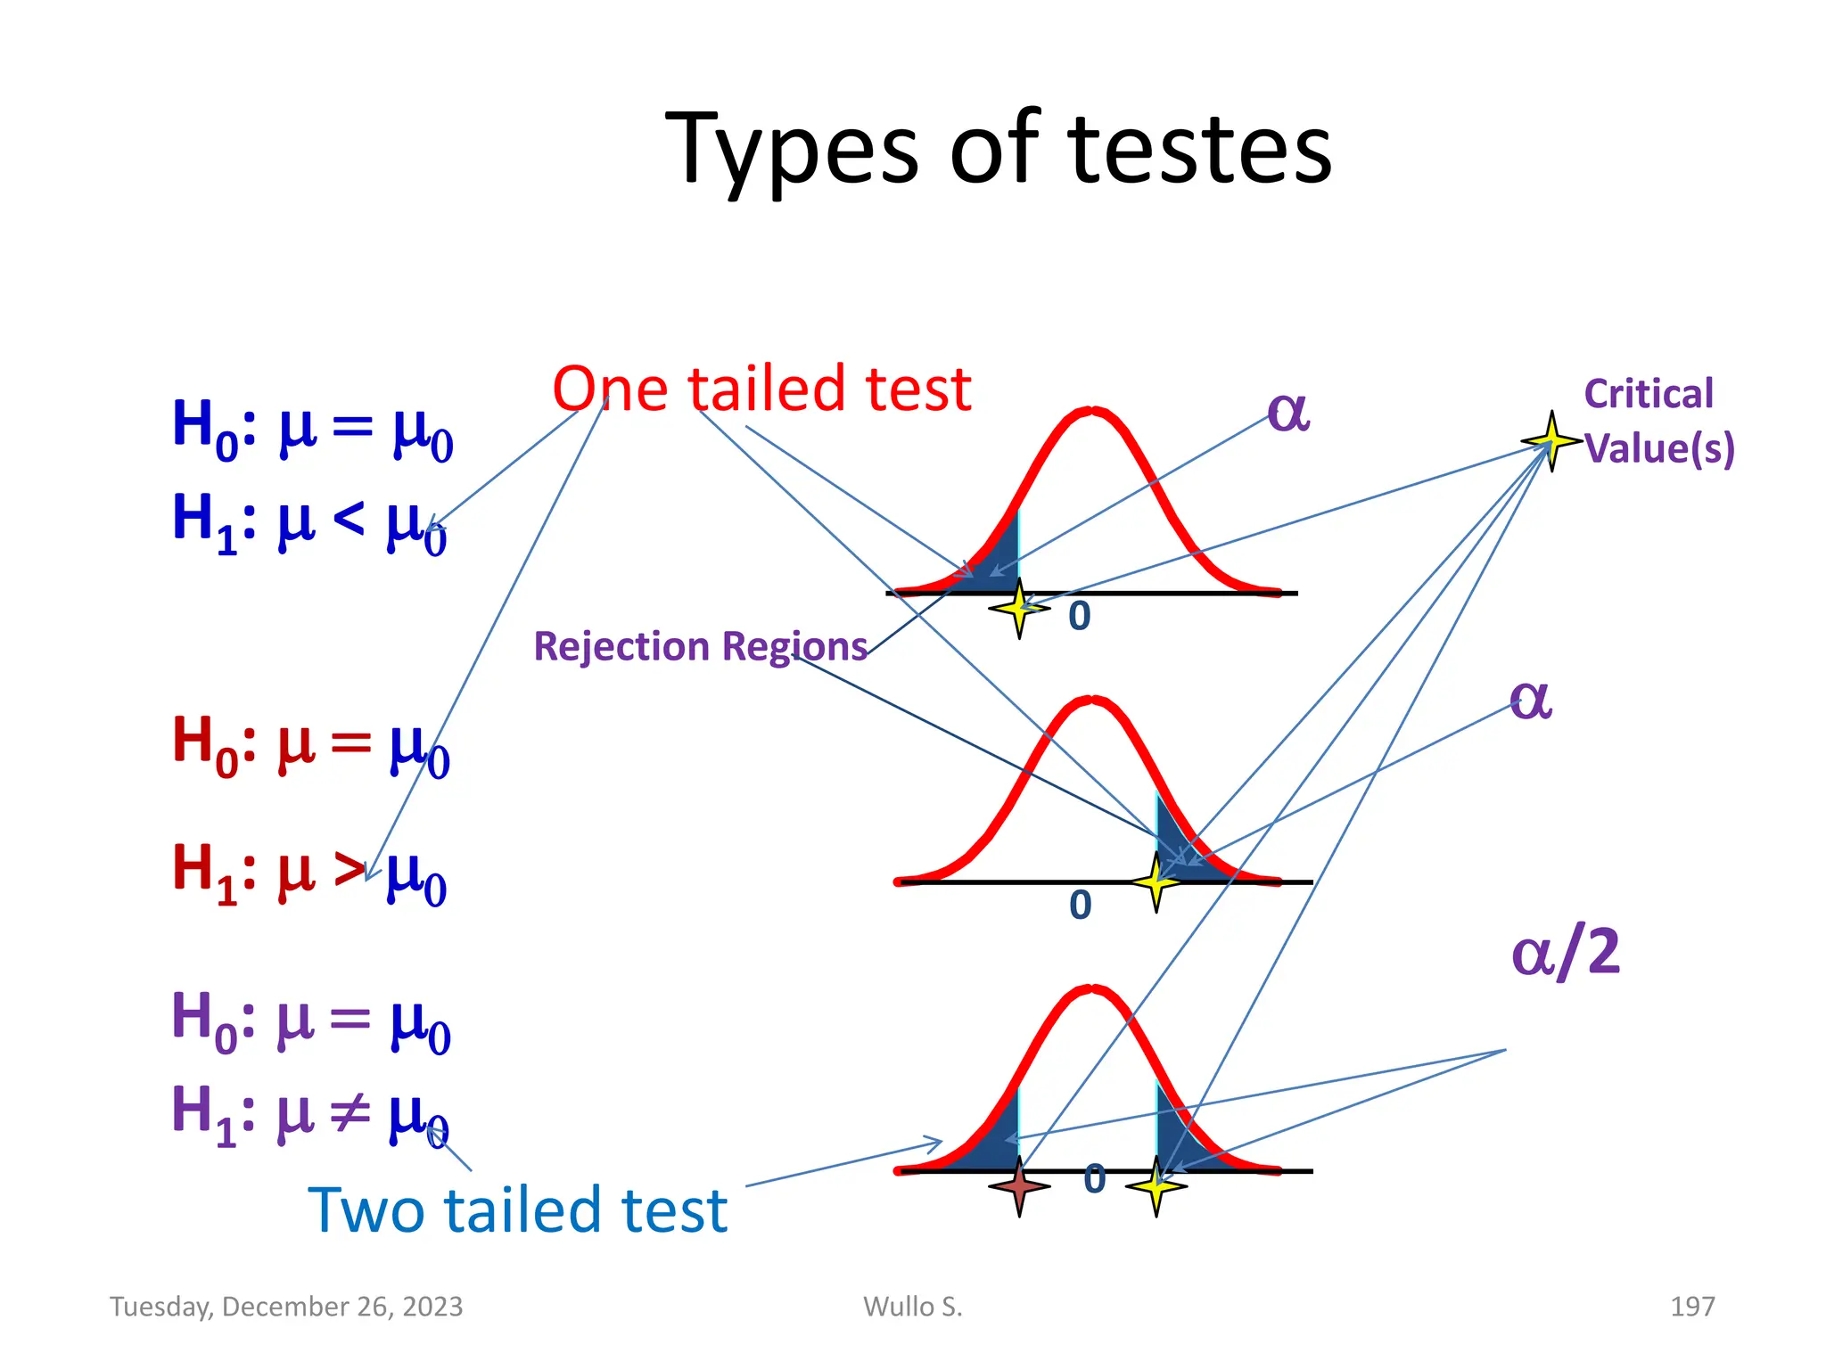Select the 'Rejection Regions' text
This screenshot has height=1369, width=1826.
(700, 646)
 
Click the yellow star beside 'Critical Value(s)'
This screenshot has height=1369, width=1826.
(1551, 440)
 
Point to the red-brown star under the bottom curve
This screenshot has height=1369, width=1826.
(1019, 1186)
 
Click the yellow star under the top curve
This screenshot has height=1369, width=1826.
(1019, 609)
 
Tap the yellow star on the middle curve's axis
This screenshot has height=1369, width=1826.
(1156, 881)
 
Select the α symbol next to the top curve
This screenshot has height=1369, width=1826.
(1288, 413)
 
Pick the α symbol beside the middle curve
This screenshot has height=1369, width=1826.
(1530, 700)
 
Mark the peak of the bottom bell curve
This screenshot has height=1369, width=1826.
(1091, 989)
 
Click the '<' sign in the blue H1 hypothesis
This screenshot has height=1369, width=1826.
(349, 518)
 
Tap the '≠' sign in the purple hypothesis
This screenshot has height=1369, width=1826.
(350, 1111)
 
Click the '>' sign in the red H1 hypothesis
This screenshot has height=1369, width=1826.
(350, 869)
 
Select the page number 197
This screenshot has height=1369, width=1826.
(1691, 1307)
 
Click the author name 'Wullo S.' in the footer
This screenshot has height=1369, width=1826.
(912, 1307)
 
